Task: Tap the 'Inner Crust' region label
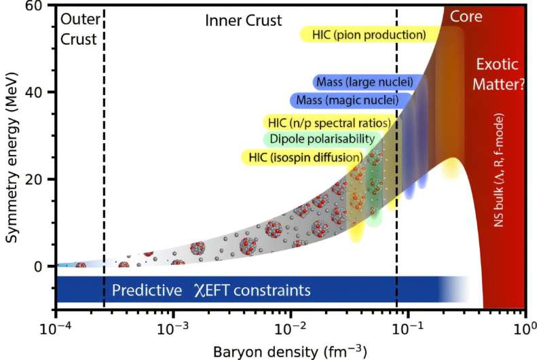point(244,20)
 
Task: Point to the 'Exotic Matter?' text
point(497,75)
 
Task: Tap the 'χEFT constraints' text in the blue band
point(252,291)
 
